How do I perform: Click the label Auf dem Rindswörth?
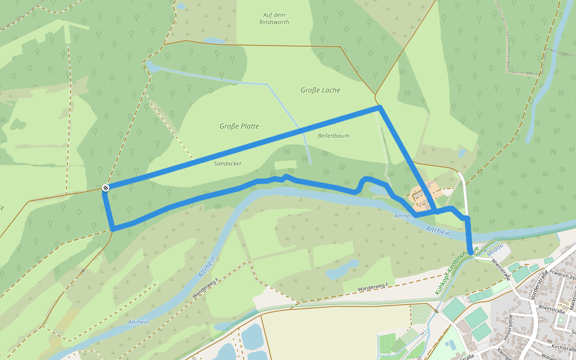point(276,18)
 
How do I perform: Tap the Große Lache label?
point(320,90)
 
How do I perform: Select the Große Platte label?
point(239,126)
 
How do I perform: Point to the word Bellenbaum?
point(334,136)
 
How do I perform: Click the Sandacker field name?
point(227,163)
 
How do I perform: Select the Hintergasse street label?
point(511,327)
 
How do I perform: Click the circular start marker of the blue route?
point(106,188)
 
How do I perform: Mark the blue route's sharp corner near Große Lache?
point(379,107)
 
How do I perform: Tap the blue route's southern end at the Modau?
point(471,253)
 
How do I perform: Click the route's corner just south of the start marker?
point(113,228)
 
